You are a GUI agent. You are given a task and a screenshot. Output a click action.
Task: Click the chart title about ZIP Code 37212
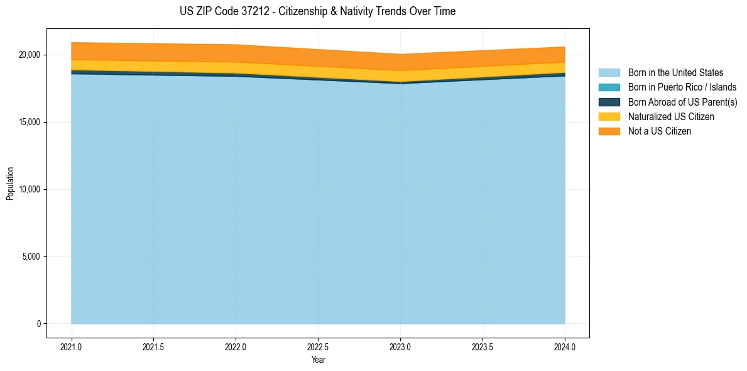(317, 11)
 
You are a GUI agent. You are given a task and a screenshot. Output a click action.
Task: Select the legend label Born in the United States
(675, 73)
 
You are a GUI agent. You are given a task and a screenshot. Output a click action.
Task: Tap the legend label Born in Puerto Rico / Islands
(682, 87)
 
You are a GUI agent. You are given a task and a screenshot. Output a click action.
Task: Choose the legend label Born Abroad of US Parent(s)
(682, 102)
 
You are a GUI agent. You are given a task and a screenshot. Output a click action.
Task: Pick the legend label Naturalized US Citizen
(671, 116)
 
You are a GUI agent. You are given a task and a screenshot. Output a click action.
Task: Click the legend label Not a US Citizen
(659, 131)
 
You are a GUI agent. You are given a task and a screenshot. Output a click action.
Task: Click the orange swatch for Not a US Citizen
(609, 131)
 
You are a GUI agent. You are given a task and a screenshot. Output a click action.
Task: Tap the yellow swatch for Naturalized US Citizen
(609, 116)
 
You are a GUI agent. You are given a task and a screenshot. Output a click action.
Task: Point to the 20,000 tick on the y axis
(29, 55)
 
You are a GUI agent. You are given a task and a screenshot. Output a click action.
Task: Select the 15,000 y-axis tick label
(29, 122)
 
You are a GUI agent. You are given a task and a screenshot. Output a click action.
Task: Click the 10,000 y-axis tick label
(29, 189)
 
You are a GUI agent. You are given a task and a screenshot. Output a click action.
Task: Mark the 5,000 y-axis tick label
(31, 257)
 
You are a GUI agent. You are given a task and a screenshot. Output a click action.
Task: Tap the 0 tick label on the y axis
(38, 324)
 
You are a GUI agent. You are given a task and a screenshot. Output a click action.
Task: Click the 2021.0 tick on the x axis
(71, 346)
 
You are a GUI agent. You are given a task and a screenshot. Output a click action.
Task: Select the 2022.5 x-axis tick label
(318, 346)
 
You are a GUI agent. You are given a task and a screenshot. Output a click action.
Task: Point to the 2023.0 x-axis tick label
(400, 346)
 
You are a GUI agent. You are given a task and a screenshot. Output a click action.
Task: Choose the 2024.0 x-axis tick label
(565, 346)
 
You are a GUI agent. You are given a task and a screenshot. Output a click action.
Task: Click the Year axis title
(318, 360)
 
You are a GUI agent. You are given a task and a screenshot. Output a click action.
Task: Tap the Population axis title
(10, 184)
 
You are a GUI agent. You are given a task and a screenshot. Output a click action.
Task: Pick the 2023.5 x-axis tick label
(483, 346)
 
